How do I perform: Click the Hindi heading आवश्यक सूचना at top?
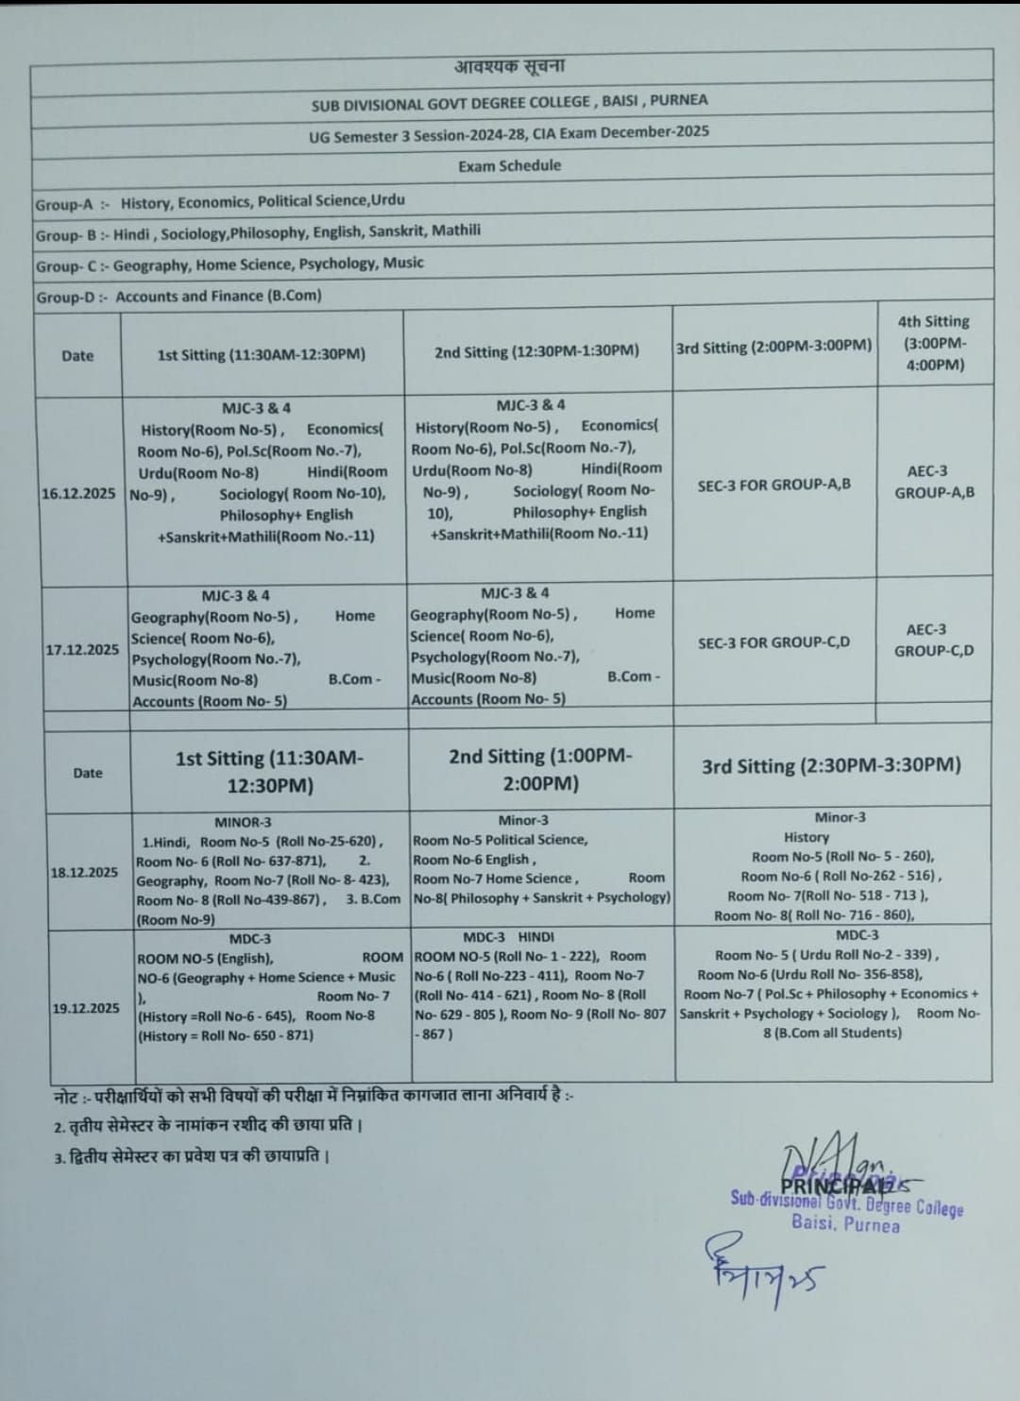[x=509, y=66]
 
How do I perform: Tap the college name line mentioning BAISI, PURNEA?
[x=509, y=102]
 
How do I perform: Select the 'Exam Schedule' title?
[x=509, y=165]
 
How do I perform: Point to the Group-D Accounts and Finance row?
[x=178, y=297]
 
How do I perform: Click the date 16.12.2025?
[x=78, y=493]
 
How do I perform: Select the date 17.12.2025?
[x=82, y=649]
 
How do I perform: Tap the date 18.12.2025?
[x=84, y=872]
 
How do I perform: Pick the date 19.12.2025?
[x=86, y=1008]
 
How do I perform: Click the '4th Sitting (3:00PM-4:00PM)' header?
[x=934, y=343]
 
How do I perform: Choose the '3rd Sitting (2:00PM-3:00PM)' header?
[x=773, y=347]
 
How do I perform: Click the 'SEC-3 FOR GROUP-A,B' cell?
[x=773, y=485]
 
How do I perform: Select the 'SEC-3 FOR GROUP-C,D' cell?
[x=773, y=642]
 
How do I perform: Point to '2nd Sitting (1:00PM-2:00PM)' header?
[x=540, y=769]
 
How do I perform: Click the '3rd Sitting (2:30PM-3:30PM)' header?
[x=831, y=765]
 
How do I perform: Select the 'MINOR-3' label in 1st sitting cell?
[x=243, y=822]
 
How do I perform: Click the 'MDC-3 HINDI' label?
[x=509, y=936]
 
